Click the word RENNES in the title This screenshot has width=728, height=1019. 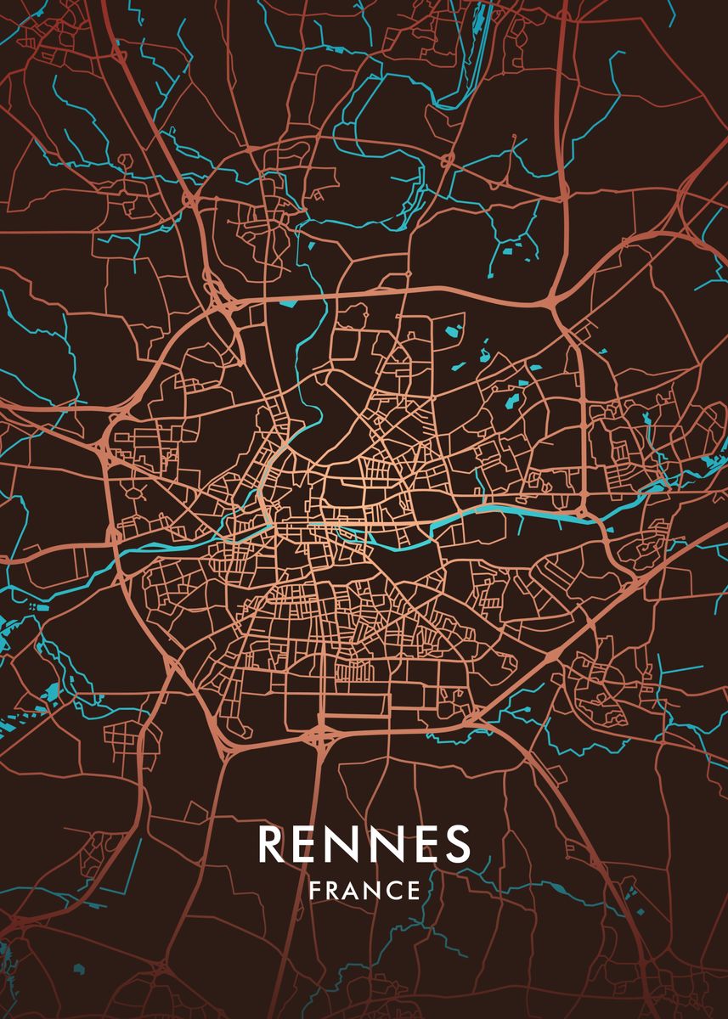364,843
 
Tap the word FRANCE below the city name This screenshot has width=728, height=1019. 364,891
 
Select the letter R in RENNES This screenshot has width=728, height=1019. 271,843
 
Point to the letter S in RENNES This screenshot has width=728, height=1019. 457,843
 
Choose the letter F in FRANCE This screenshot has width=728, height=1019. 315,891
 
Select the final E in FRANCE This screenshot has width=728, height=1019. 414,891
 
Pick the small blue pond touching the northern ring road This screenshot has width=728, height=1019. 287,301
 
